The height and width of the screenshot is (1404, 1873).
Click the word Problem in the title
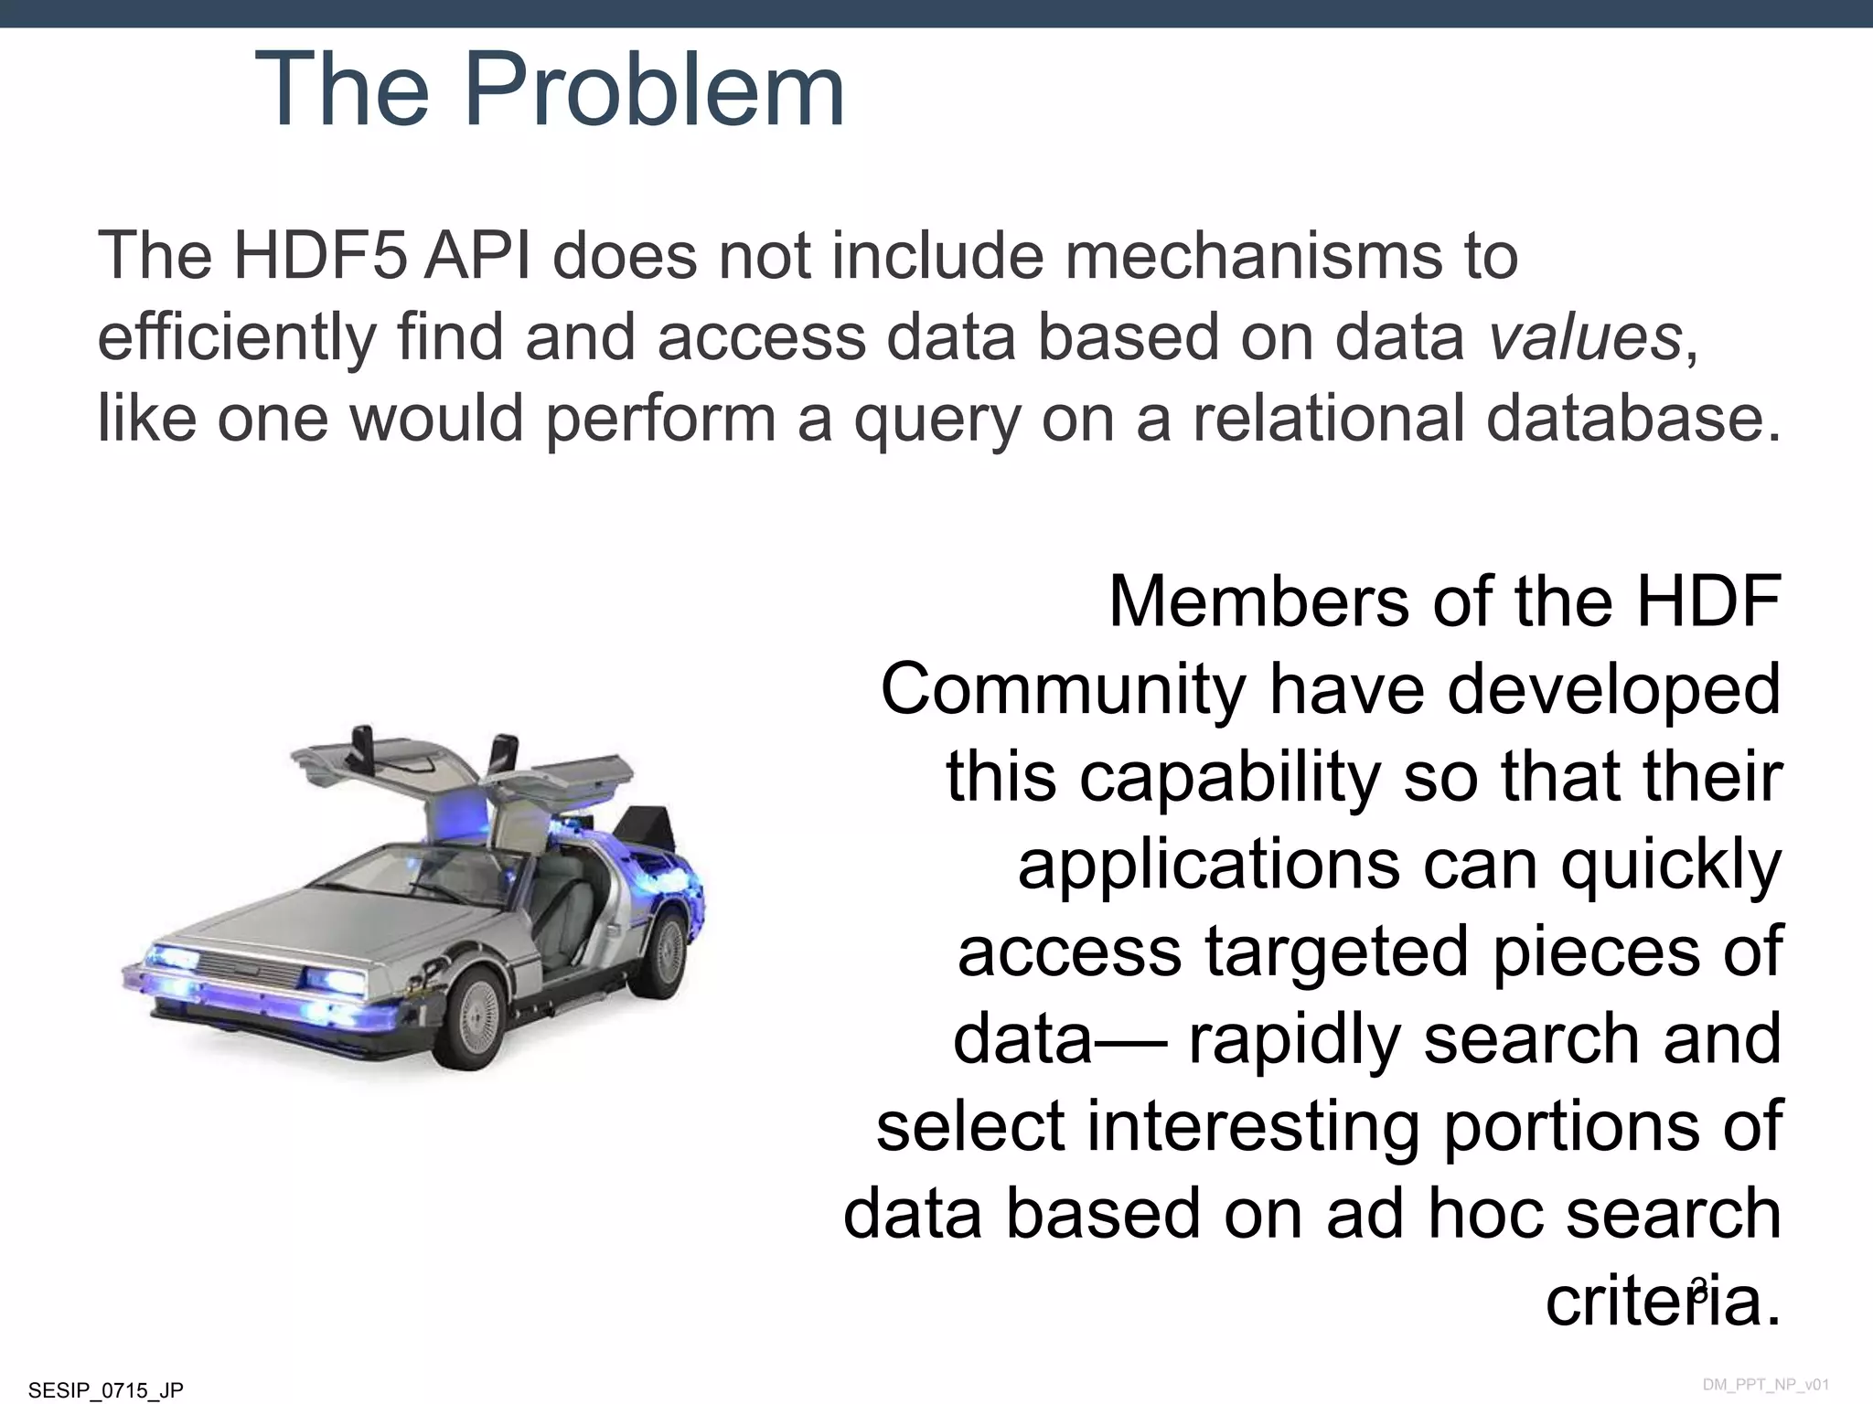[x=654, y=90]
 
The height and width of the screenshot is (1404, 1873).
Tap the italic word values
[x=1585, y=337]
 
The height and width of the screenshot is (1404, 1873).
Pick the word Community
[x=1062, y=690]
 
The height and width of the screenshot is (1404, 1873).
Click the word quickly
[x=1671, y=865]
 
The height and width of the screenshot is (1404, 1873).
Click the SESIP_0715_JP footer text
[x=106, y=1390]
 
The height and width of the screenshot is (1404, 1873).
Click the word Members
[x=1259, y=602]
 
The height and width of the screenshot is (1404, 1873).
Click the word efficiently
[x=236, y=337]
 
